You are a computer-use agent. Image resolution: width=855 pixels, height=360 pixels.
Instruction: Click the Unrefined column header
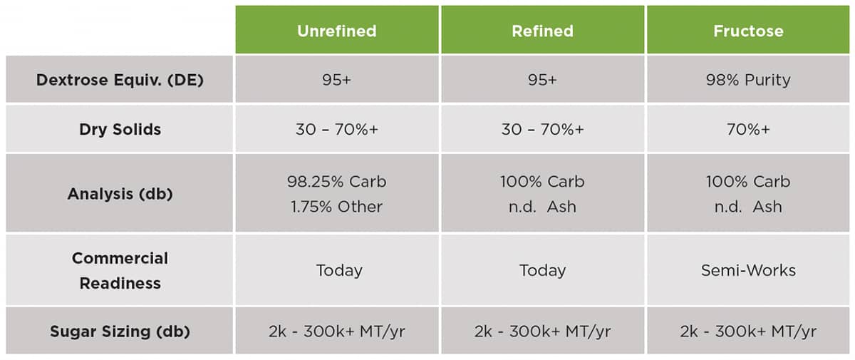point(336,31)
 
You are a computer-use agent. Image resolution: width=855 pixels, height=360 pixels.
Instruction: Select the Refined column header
point(542,31)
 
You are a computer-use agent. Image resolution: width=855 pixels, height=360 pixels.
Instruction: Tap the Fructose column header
point(748,31)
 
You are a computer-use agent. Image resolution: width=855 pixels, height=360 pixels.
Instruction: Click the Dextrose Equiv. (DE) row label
point(120,80)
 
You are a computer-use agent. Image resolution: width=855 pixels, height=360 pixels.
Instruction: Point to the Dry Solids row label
point(120,129)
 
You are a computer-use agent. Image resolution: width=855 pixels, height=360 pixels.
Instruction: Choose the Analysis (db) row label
point(120,194)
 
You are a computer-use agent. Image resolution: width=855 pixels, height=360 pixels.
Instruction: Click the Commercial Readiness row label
point(120,270)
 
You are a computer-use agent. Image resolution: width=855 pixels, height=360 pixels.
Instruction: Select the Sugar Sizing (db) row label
point(120,331)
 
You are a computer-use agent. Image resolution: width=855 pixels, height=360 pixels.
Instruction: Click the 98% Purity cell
point(748,80)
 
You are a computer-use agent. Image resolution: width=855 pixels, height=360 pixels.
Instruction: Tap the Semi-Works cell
point(748,270)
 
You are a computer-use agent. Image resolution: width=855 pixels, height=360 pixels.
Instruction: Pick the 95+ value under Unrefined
point(336,79)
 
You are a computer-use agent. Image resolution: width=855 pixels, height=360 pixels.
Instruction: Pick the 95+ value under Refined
point(542,79)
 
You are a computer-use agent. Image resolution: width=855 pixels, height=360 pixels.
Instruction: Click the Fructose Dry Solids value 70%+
point(748,129)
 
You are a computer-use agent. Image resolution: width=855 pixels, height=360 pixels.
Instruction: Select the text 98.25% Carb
point(336,181)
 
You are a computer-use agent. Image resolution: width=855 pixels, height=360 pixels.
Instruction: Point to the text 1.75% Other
point(336,207)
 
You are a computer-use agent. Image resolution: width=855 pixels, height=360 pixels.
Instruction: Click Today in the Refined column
point(542,270)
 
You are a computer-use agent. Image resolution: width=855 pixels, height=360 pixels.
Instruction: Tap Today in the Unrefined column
point(339,270)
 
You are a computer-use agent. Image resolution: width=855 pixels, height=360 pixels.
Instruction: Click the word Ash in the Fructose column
point(767,207)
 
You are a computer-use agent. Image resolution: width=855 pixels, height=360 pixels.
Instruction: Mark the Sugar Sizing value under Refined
point(542,331)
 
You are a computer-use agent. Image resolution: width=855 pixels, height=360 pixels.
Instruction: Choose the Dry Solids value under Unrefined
point(336,129)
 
